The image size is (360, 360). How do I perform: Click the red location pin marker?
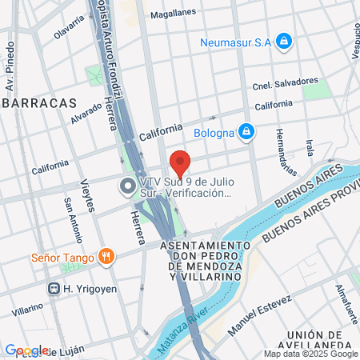click(x=181, y=163)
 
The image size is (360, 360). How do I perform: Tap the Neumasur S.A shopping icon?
click(x=283, y=40)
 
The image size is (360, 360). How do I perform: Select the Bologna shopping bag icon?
click(x=246, y=130)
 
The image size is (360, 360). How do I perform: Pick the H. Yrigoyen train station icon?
click(x=54, y=288)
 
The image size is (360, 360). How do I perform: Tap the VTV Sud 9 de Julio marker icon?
click(x=126, y=186)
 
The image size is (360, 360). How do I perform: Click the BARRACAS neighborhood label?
click(x=38, y=103)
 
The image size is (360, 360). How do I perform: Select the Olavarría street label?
click(x=68, y=30)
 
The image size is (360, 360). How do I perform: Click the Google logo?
click(x=26, y=350)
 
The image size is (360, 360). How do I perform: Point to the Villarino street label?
click(x=28, y=307)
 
